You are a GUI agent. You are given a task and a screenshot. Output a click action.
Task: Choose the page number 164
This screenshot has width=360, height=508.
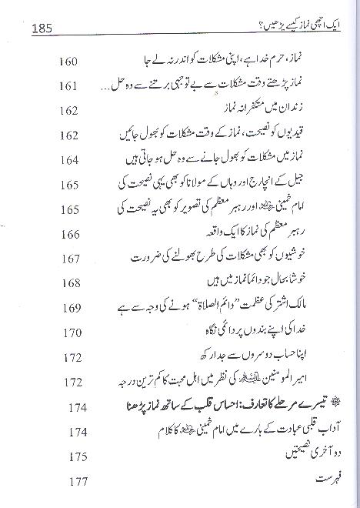coord(72,161)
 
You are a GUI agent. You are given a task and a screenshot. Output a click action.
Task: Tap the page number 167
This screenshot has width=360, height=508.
coord(72,259)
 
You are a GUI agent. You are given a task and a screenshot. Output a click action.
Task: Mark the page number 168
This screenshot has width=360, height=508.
coord(72,283)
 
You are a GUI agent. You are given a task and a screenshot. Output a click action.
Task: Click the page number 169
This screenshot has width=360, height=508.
coord(72,308)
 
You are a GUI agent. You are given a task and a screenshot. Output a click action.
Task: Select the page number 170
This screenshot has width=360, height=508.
coord(72,333)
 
